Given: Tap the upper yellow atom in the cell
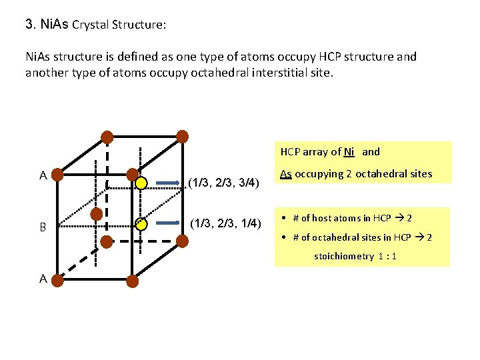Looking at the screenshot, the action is tap(141, 182).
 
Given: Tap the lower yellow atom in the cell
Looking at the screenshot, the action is tap(141, 225).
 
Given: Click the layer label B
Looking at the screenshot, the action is tap(43, 227).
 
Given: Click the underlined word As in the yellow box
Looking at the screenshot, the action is tap(286, 174).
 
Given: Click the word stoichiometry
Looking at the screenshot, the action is tap(344, 256).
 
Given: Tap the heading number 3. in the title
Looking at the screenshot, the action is tap(30, 25).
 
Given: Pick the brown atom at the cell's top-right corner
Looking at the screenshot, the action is tap(182, 136).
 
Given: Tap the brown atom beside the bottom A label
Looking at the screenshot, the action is tap(58, 281).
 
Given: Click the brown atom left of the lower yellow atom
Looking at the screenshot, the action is tap(97, 214).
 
